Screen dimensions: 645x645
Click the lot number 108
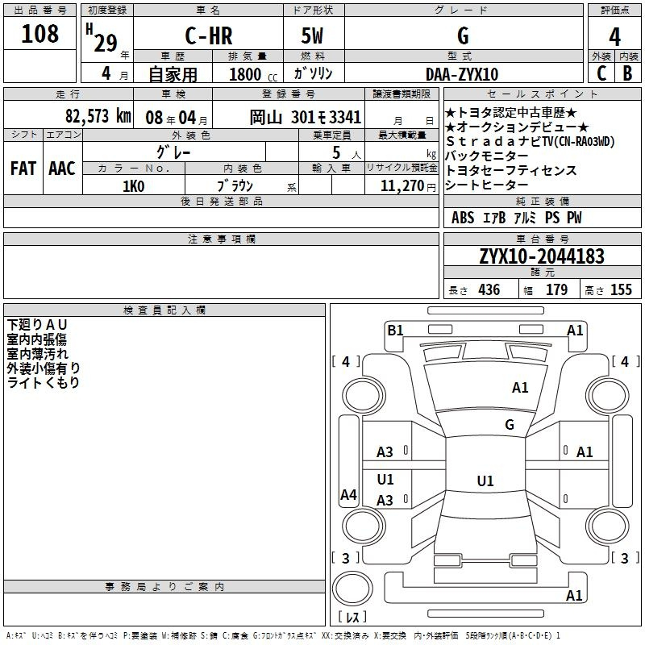pos(40,34)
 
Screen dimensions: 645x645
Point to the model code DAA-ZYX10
pos(462,74)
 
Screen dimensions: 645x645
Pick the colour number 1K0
pos(133,185)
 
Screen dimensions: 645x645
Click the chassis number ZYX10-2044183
pos(541,256)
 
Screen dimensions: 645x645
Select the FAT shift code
pos(23,169)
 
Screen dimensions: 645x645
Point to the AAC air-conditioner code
pos(62,169)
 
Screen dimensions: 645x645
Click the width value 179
pos(556,290)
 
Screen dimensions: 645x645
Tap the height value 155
pos(621,290)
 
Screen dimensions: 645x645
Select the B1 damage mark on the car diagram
pos(395,329)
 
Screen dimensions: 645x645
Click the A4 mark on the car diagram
pos(348,495)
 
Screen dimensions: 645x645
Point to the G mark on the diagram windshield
pos(510,425)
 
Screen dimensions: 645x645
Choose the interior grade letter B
pos(627,73)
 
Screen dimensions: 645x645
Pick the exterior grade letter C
pos(601,73)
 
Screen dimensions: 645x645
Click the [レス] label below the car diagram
pos(352,618)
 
